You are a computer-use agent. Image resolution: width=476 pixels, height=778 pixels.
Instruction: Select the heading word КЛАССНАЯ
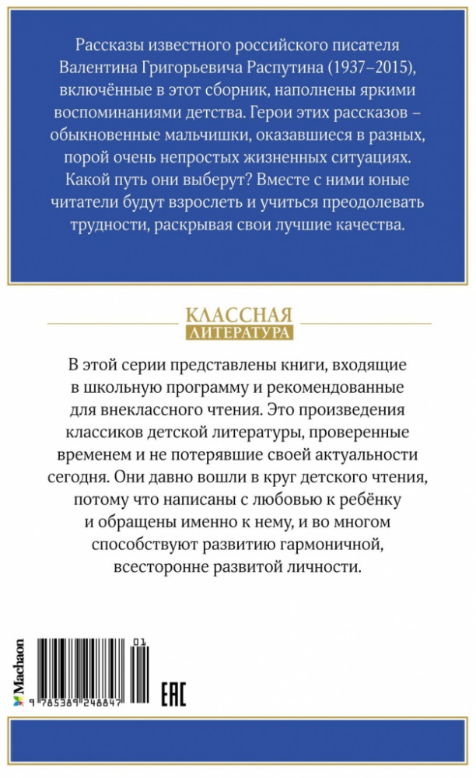coord(239,316)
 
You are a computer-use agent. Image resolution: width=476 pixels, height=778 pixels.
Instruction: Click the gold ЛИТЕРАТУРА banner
coord(239,333)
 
